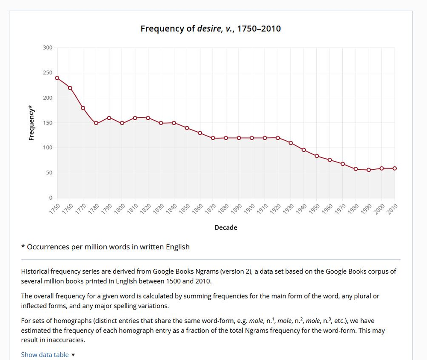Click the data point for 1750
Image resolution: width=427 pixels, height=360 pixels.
(57, 78)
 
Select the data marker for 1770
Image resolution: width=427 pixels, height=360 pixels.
(83, 108)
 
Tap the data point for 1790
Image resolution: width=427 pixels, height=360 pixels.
(109, 118)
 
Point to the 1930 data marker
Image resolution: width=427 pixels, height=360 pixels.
(291, 143)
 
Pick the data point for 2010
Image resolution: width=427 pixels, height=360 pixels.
(395, 168)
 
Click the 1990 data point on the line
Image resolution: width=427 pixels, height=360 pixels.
(368, 170)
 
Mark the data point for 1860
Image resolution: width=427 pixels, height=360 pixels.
(200, 133)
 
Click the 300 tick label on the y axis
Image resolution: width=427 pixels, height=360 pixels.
(47, 47)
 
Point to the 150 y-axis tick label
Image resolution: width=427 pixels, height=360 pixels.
(47, 123)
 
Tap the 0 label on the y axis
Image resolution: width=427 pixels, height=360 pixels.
(50, 198)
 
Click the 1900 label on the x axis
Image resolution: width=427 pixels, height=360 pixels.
(250, 209)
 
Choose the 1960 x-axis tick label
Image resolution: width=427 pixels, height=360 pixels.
(327, 209)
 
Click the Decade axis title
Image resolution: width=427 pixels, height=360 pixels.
(226, 227)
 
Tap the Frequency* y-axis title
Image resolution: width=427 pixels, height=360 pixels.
(31, 123)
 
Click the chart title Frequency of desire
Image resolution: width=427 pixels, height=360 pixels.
(210, 29)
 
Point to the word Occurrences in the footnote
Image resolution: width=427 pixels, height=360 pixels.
(48, 247)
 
